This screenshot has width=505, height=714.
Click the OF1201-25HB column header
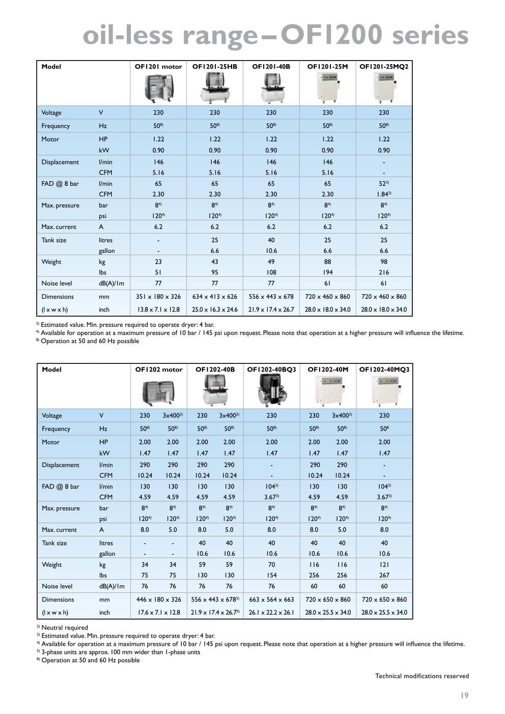pos(214,67)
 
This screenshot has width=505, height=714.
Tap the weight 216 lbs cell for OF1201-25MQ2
pos(384,272)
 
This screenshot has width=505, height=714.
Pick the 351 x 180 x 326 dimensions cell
pos(158,297)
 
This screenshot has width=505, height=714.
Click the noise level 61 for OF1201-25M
pos(327,283)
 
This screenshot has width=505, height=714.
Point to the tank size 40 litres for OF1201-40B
pos(271,240)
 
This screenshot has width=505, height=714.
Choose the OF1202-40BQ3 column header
pos(271,369)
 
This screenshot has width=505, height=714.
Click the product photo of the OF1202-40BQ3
pos(271,391)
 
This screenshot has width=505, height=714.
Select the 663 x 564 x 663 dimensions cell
pos(271,599)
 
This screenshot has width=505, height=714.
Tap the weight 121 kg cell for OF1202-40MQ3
pos(384,564)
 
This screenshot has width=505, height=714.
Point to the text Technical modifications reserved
pos(422,676)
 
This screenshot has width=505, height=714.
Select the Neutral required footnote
pos(64,627)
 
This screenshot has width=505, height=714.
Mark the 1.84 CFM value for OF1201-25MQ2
pos(383,194)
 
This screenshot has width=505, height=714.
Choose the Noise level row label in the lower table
pos(57,586)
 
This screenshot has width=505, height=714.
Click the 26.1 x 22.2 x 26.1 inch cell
pos(271,613)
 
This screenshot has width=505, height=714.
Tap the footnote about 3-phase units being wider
pos(121,652)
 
